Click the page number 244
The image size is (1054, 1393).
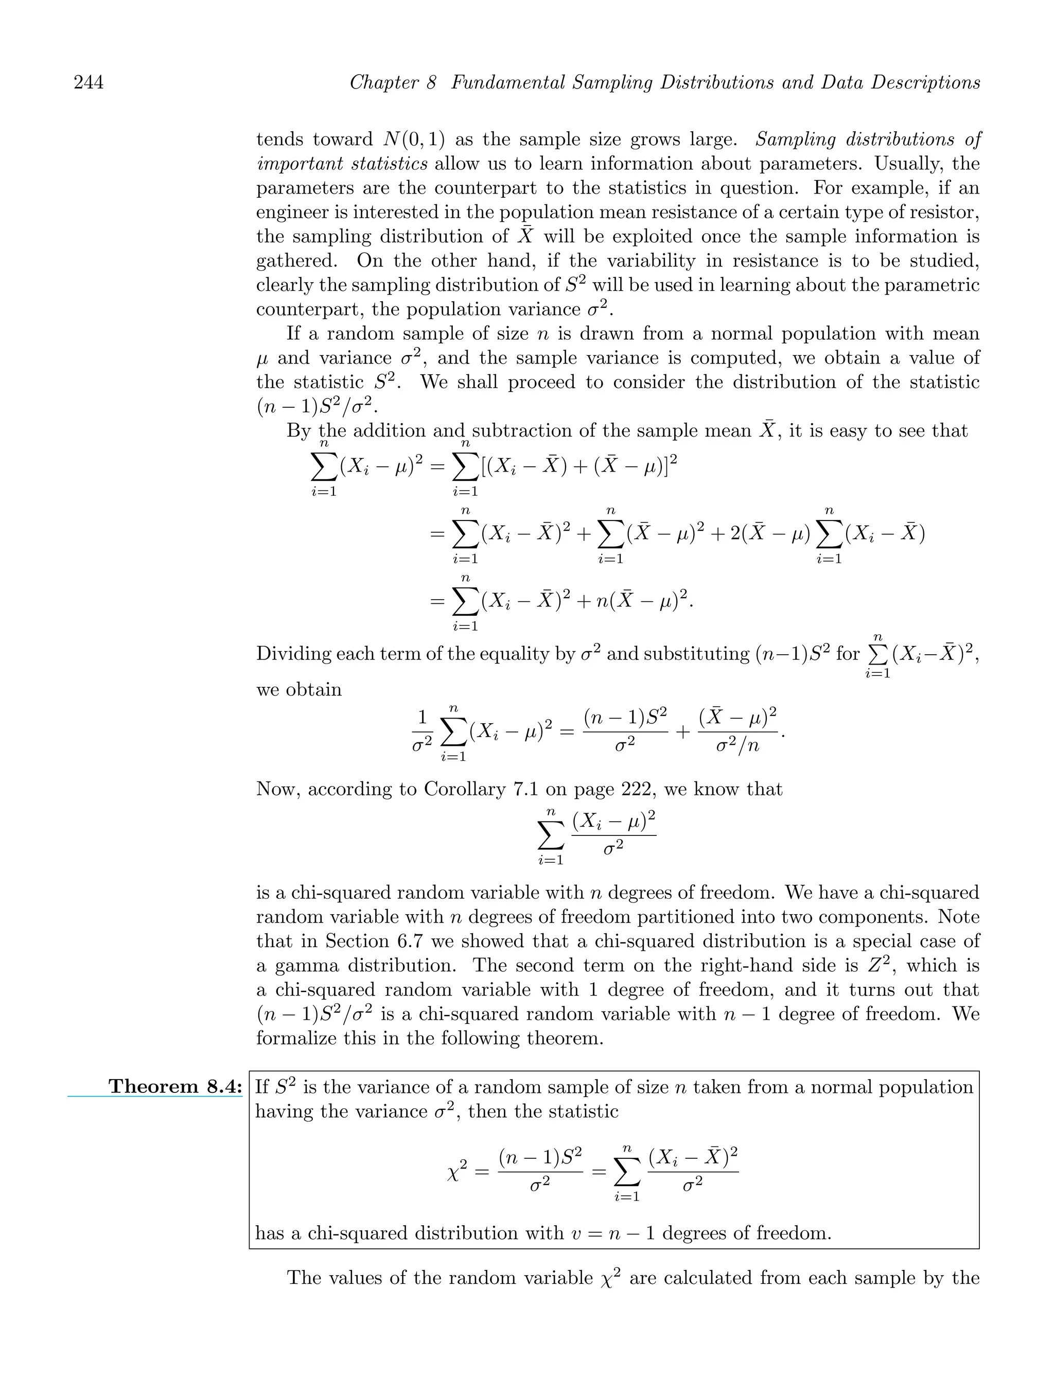89,82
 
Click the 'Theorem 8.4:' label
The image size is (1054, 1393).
175,1086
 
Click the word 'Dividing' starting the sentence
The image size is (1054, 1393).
292,654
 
